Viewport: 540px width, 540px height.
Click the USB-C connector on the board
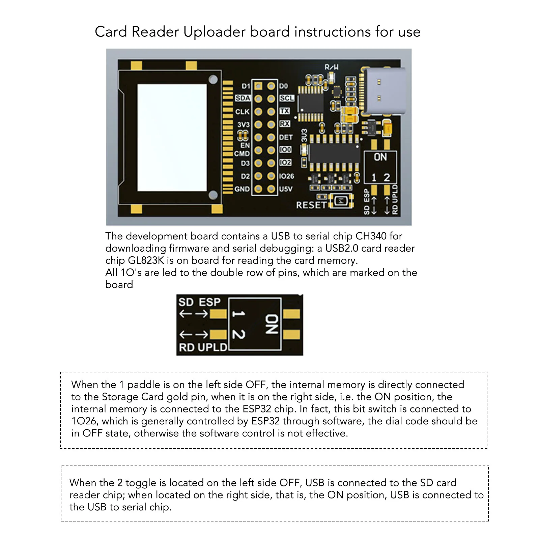385,91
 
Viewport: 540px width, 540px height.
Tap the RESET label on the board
311,205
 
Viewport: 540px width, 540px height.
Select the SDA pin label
243,98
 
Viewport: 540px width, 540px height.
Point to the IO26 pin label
286,176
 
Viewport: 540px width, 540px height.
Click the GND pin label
242,189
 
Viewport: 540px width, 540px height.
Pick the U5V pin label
286,189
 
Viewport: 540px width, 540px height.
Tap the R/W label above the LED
331,67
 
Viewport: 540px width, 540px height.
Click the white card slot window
172,137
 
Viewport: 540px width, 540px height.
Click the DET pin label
286,137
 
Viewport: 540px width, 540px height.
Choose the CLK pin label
242,112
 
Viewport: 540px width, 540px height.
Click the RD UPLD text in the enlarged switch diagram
203,347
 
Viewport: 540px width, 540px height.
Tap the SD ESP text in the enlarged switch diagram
199,302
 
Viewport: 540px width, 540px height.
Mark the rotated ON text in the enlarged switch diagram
272,324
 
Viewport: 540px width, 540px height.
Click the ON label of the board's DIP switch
380,157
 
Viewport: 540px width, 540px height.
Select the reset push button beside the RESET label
341,201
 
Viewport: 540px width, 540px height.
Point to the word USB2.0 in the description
342,248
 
